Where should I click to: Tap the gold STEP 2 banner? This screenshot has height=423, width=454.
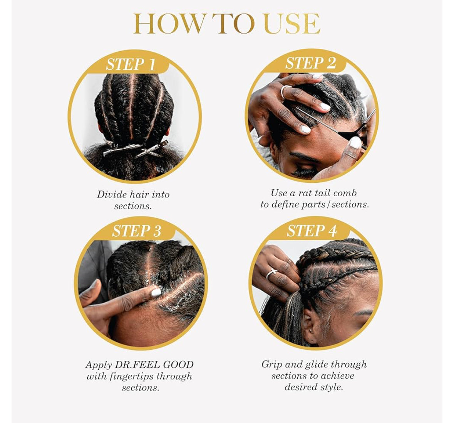pyautogui.click(x=311, y=63)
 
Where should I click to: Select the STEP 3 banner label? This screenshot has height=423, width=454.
pyautogui.click(x=136, y=231)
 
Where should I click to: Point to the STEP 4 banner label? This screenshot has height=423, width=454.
pyautogui.click(x=312, y=231)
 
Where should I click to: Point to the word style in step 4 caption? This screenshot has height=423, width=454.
pyautogui.click(x=333, y=387)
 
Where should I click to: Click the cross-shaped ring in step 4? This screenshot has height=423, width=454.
pyautogui.click(x=272, y=273)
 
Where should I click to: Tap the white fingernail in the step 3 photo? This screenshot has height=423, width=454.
pyautogui.click(x=156, y=292)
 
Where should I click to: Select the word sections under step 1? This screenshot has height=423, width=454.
pyautogui.click(x=132, y=206)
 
